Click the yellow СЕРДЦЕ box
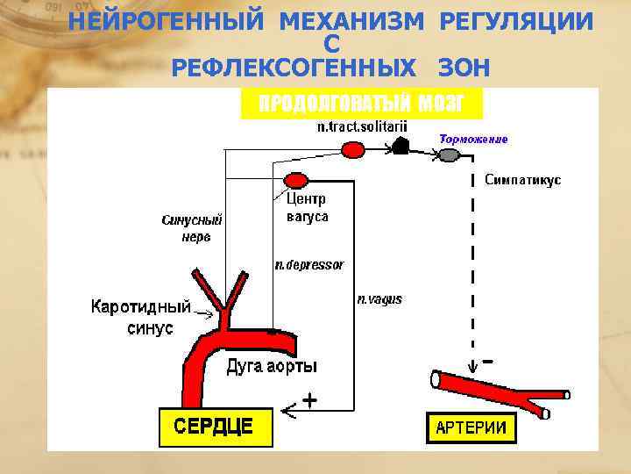[x=215, y=427]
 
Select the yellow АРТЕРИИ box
[x=471, y=427]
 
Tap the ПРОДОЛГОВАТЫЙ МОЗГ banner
[x=360, y=104]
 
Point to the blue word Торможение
[x=473, y=139]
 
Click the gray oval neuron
[x=448, y=155]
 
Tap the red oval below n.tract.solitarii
[x=352, y=151]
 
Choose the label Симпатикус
[x=522, y=180]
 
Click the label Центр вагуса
[x=307, y=208]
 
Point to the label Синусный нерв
[x=192, y=227]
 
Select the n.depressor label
[x=309, y=264]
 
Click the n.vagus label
[x=379, y=299]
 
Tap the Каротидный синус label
[x=140, y=317]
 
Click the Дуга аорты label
[x=272, y=365]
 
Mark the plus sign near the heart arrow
[x=308, y=399]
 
